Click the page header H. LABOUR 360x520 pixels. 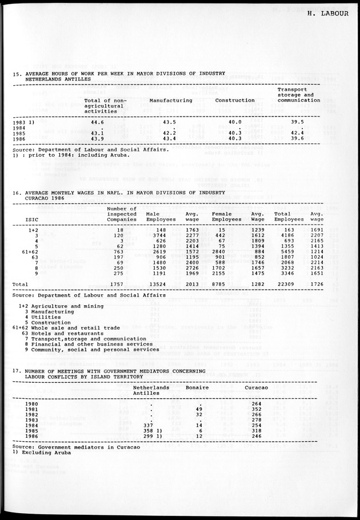point(327,15)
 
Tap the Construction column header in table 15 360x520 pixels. point(234,100)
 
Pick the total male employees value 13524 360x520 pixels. point(156,283)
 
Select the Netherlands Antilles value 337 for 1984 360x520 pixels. point(149,425)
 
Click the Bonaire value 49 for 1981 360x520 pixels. point(199,409)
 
